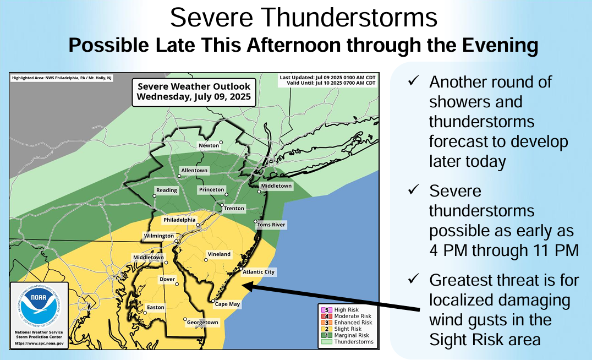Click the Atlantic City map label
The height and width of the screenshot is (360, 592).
pyautogui.click(x=258, y=272)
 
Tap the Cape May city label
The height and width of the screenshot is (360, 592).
pyautogui.click(x=227, y=304)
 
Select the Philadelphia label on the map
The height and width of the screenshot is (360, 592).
pyautogui.click(x=179, y=220)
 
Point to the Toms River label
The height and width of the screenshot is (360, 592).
pyautogui.click(x=271, y=225)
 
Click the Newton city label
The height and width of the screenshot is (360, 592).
pyautogui.click(x=209, y=145)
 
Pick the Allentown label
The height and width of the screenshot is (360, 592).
pyautogui.click(x=194, y=171)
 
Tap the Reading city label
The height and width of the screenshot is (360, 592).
pyautogui.click(x=167, y=190)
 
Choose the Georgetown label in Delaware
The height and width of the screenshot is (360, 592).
pyautogui.click(x=202, y=323)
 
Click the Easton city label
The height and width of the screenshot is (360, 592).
pyautogui.click(x=155, y=307)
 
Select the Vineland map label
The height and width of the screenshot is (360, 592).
pyautogui.click(x=219, y=254)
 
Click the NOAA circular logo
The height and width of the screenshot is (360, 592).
pyautogui.click(x=39, y=308)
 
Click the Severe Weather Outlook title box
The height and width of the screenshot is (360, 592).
pyautogui.click(x=194, y=92)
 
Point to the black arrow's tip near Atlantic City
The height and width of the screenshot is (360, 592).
pyautogui.click(x=244, y=286)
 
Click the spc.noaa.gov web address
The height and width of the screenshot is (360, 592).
pyautogui.click(x=39, y=343)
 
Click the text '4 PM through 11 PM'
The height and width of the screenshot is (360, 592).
pyautogui.click(x=503, y=250)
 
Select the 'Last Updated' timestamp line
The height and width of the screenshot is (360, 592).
pyautogui.click(x=327, y=78)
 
